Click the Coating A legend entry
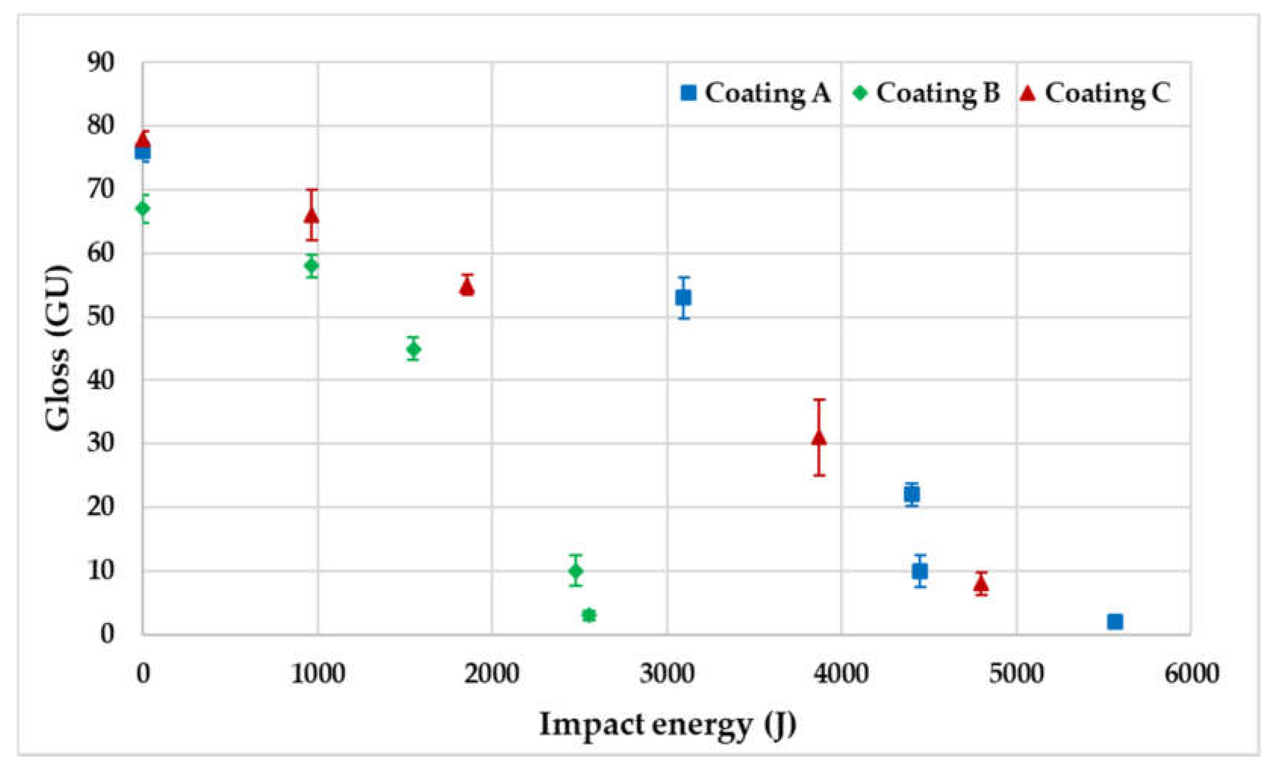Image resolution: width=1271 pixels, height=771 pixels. coord(756,93)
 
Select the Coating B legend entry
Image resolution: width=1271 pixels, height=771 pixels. coord(927,93)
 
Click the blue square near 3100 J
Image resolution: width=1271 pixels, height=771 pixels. coord(684,298)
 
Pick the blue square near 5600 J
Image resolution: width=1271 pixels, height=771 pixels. coord(1115,622)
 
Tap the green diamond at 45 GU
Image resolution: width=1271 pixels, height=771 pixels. coord(413,349)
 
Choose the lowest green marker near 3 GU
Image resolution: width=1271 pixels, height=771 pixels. coord(589,615)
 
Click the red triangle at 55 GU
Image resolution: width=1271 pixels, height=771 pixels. coord(467,287)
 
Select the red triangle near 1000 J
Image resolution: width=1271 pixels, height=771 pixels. coord(312,216)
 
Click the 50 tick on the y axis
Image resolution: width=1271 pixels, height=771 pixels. coord(101,317)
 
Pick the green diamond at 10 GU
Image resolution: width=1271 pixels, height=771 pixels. coord(576,571)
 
